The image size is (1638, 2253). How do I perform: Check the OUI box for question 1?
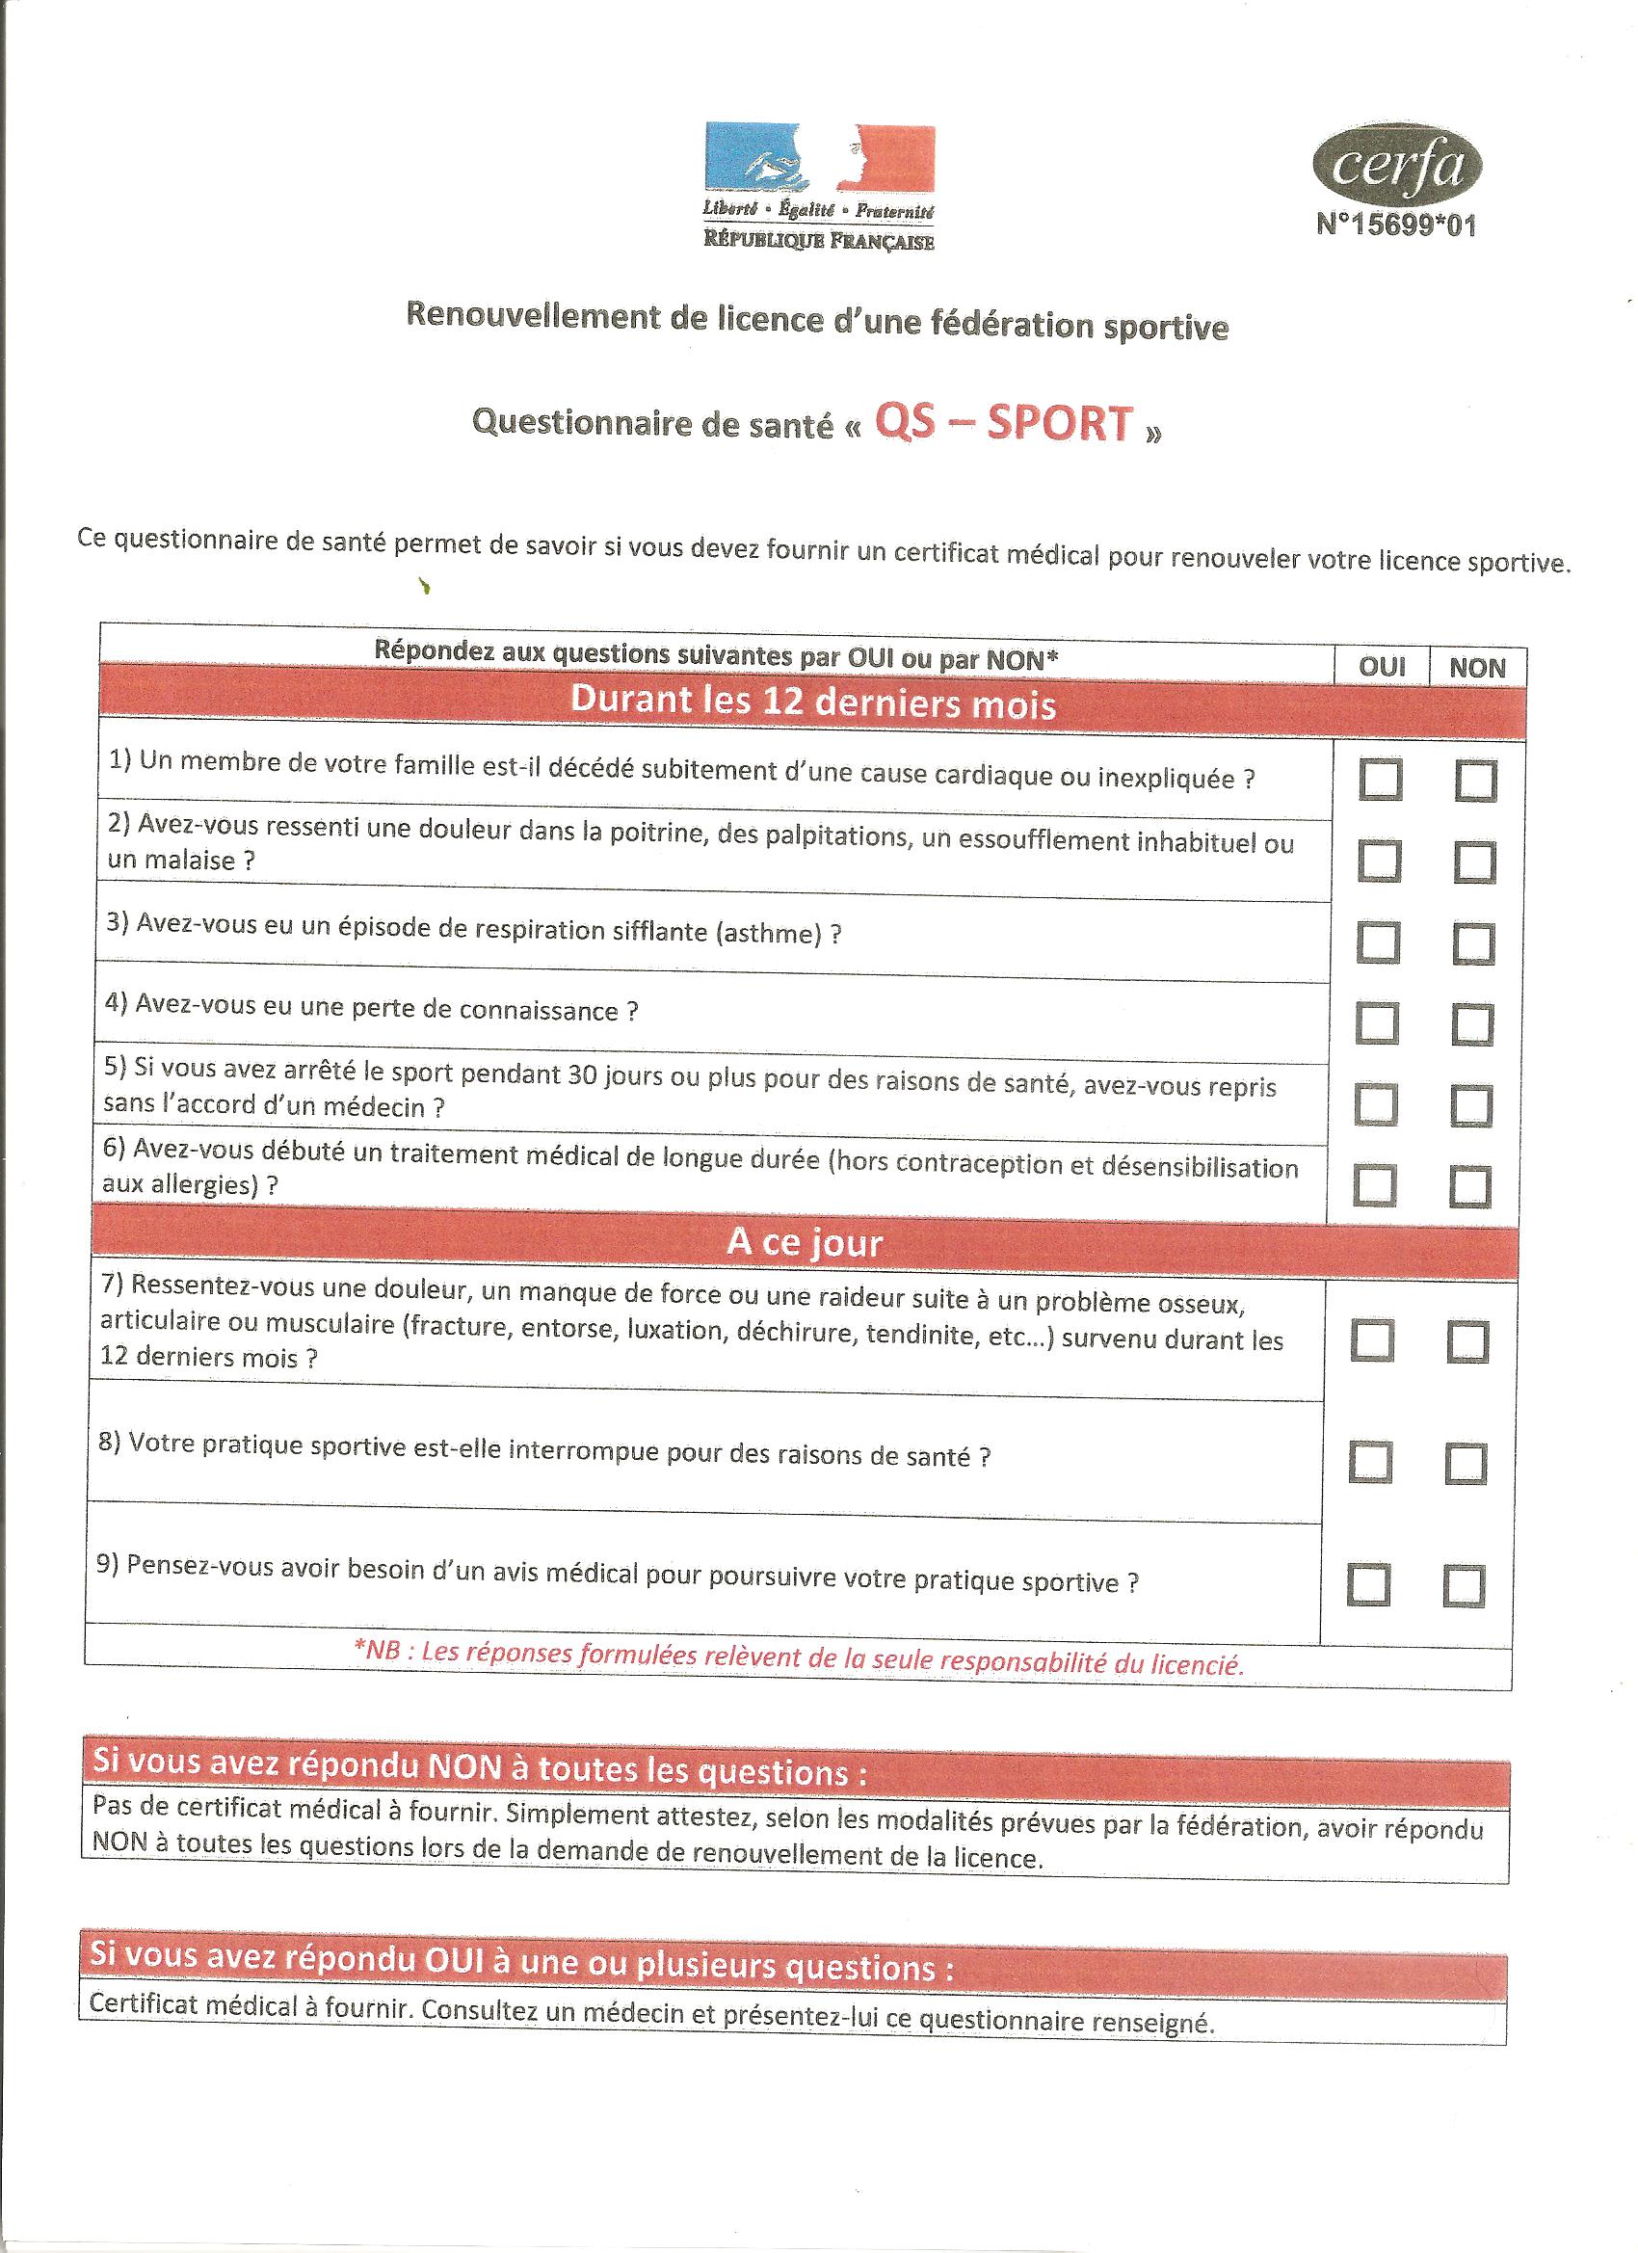pos(1380,780)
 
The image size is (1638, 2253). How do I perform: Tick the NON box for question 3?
pos(1473,943)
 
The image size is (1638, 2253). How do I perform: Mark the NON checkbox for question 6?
pos(1470,1187)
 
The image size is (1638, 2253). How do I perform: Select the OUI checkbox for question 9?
pos(1368,1585)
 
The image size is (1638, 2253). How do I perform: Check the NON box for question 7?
pos(1467,1343)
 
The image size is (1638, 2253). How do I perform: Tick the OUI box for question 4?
pos(1377,1024)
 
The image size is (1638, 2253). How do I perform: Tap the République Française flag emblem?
pos(820,157)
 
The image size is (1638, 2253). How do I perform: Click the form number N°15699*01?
pos(1395,225)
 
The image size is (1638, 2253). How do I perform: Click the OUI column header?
pos(1382,667)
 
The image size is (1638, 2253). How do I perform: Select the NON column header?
pos(1477,669)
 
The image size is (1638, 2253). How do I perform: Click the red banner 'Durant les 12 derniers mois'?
pos(811,702)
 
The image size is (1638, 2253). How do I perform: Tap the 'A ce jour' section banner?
pos(805,1243)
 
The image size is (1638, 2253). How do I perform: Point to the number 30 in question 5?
pos(581,1074)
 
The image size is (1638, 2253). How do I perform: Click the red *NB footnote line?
pos(798,1660)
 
